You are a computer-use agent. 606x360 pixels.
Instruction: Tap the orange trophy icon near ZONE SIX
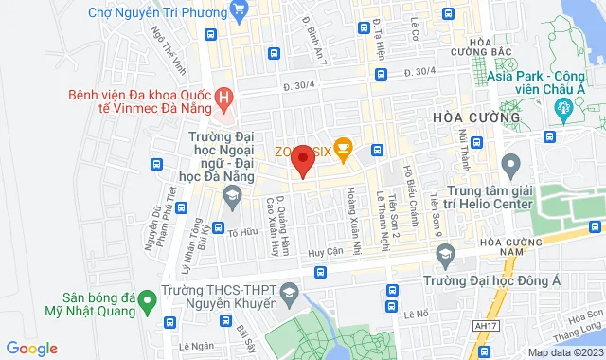tap(343, 148)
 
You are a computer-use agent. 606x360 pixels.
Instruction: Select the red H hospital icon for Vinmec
tap(223, 96)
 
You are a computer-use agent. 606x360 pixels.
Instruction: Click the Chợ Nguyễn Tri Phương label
tap(154, 12)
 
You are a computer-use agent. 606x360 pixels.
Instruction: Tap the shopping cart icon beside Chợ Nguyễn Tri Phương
tap(237, 12)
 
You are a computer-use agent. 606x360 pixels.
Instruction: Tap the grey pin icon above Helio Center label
tap(511, 168)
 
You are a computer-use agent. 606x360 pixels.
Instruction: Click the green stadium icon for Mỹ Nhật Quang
tap(147, 303)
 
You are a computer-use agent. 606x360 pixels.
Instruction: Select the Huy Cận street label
tap(325, 253)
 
